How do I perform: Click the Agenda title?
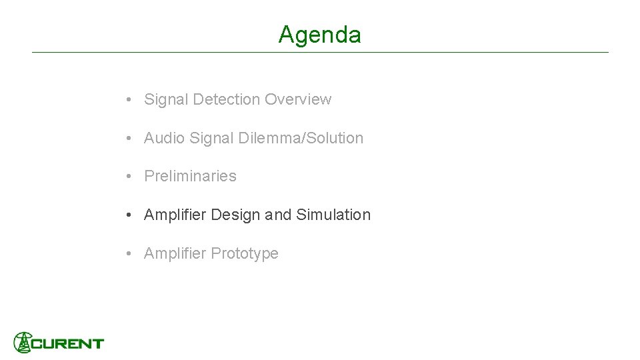[x=320, y=35]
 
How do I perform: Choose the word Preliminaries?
[x=190, y=176]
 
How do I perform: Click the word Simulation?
[x=333, y=215]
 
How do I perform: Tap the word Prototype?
[x=244, y=253]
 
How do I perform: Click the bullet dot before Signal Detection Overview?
[x=128, y=100]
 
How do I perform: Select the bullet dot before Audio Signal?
[x=128, y=139]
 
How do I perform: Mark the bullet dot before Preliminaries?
[x=128, y=177]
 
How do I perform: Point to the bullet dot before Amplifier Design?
[x=128, y=215]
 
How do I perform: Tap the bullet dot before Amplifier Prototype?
[x=128, y=254]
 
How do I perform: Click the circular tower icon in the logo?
[x=23, y=342]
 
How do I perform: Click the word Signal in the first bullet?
[x=166, y=99]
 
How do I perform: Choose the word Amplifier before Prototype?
[x=175, y=253]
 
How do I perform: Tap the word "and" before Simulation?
[x=278, y=215]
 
